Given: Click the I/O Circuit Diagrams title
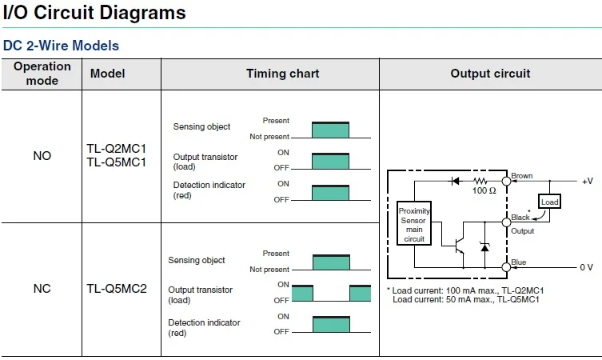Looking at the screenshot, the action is [94, 13].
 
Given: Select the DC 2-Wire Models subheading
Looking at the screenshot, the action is [61, 46].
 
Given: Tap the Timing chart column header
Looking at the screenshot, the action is [282, 74].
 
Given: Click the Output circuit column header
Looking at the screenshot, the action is [490, 74].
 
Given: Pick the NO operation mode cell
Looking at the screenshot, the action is [42, 156].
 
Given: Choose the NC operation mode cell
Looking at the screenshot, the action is [42, 289].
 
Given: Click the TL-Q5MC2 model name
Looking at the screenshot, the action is [117, 289].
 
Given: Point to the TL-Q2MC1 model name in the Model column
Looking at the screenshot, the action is [117, 148].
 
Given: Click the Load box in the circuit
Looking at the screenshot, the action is [549, 202].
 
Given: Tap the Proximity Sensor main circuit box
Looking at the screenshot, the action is [414, 223].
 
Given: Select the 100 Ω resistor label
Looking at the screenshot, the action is [484, 190].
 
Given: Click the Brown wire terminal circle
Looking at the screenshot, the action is [506, 181].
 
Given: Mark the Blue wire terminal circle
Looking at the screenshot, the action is [506, 267].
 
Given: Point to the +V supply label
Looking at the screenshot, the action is [588, 181].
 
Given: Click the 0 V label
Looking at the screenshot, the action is [586, 267].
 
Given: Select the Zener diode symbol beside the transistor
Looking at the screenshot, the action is [485, 247].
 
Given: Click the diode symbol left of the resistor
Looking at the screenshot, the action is [456, 181].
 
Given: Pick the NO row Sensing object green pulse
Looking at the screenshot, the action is [330, 130].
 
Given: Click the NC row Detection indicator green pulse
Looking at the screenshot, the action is [331, 324].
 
